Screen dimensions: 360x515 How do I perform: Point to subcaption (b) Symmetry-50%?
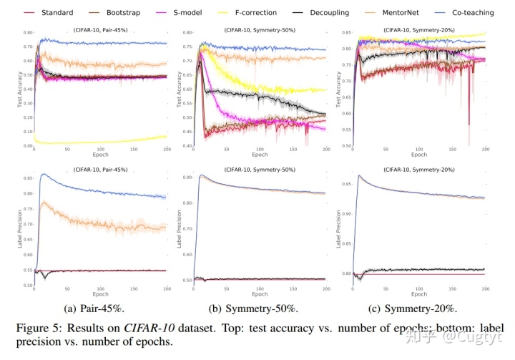pyautogui.click(x=253, y=308)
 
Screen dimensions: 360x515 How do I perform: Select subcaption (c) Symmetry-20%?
pyautogui.click(x=413, y=308)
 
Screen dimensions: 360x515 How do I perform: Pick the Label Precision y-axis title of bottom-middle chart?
pyautogui.click(x=179, y=229)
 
